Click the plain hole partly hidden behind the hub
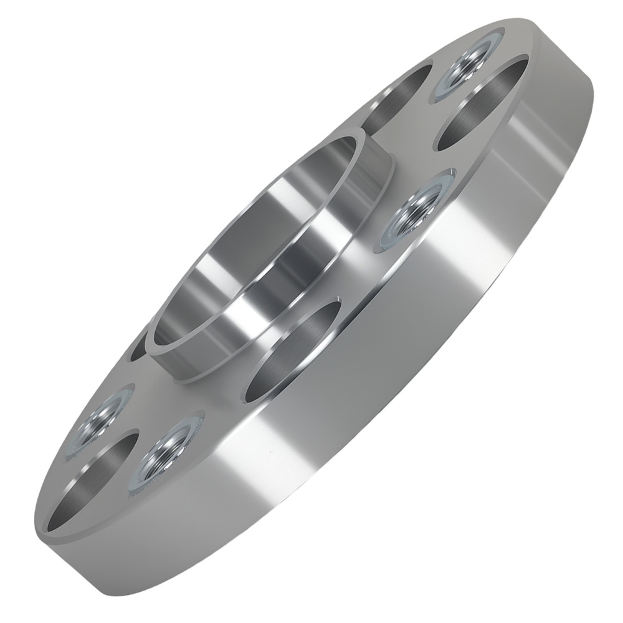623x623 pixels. coord(140,349)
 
